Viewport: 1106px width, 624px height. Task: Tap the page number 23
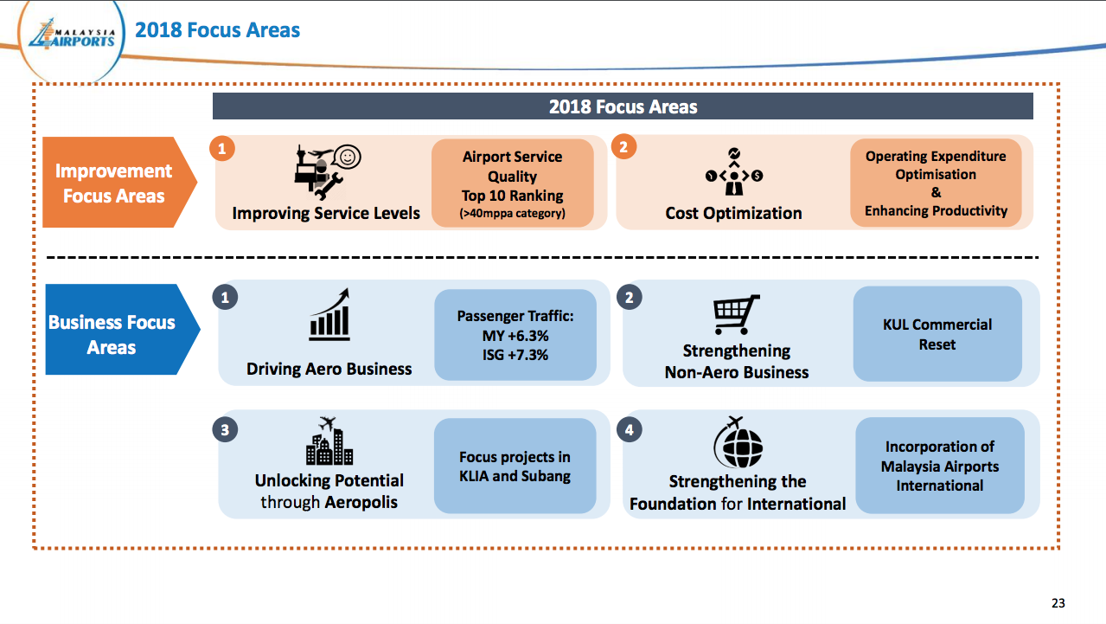pyautogui.click(x=1058, y=603)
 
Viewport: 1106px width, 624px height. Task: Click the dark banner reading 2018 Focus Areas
pyautogui.click(x=623, y=106)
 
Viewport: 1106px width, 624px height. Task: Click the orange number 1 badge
pyautogui.click(x=222, y=149)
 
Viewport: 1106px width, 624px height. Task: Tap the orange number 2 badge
pyautogui.click(x=623, y=147)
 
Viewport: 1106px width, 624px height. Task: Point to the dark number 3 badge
pyautogui.click(x=225, y=430)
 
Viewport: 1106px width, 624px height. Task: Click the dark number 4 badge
pyautogui.click(x=630, y=430)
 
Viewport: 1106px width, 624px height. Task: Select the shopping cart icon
pyautogui.click(x=736, y=314)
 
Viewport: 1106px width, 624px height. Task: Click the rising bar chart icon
pyautogui.click(x=329, y=315)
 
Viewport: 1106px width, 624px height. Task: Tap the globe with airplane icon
pyautogui.click(x=738, y=442)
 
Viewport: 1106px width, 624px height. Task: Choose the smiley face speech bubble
pyautogui.click(x=347, y=158)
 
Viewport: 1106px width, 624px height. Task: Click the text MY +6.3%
pyautogui.click(x=515, y=336)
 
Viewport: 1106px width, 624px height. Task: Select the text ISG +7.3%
pyautogui.click(x=515, y=355)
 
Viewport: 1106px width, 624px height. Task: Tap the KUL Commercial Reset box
pyautogui.click(x=937, y=334)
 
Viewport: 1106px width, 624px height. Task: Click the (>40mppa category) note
pyautogui.click(x=512, y=214)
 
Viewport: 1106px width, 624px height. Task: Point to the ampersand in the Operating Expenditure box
pyautogui.click(x=936, y=192)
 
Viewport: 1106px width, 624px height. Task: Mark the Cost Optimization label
pyautogui.click(x=733, y=213)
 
